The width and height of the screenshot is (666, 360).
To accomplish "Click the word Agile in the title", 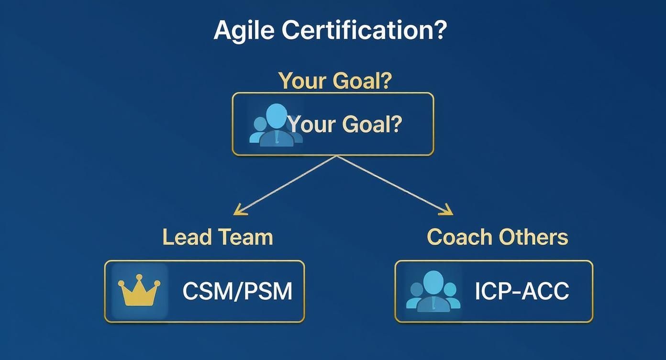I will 244,30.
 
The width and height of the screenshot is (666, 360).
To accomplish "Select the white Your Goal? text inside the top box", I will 345,124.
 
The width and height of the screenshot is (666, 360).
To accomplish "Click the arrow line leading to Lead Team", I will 287,184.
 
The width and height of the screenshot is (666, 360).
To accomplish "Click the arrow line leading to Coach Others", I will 392,184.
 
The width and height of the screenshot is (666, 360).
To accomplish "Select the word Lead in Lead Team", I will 187,237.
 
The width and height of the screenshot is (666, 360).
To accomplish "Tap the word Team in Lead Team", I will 245,237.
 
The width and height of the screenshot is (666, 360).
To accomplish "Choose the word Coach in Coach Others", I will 460,237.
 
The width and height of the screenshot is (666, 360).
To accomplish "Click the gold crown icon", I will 139,291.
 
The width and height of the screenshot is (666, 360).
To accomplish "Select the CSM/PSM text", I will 237,291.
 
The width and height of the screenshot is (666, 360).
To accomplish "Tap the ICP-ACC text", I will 522,291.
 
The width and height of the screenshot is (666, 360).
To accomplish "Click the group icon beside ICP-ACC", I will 433,292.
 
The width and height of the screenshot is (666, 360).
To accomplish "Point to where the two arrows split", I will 337,156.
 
